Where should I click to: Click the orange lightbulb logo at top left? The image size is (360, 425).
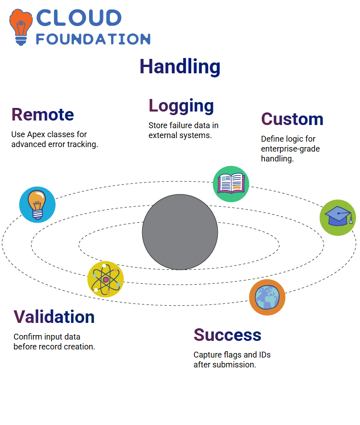tap(21, 27)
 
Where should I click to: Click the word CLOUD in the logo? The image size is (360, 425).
tap(79, 18)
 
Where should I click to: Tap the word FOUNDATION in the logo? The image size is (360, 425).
tap(93, 39)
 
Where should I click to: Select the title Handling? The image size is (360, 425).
tap(180, 67)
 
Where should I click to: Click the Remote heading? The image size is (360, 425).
tap(43, 114)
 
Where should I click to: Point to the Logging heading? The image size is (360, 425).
tap(181, 106)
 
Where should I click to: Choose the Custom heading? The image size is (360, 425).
tap(292, 119)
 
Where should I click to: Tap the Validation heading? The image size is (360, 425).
tap(54, 317)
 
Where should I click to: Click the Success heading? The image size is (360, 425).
tap(227, 335)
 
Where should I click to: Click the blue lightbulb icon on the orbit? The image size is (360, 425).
tap(37, 205)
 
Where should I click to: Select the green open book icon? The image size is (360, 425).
tap(231, 184)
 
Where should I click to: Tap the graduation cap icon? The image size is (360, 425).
tap(338, 218)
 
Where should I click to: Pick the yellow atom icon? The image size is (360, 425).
tap(106, 279)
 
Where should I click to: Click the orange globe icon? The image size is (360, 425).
tap(267, 297)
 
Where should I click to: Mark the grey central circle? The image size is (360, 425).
tap(180, 232)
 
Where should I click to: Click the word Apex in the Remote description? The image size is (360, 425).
tap(36, 135)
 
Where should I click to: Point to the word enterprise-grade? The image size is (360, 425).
tap(290, 149)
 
